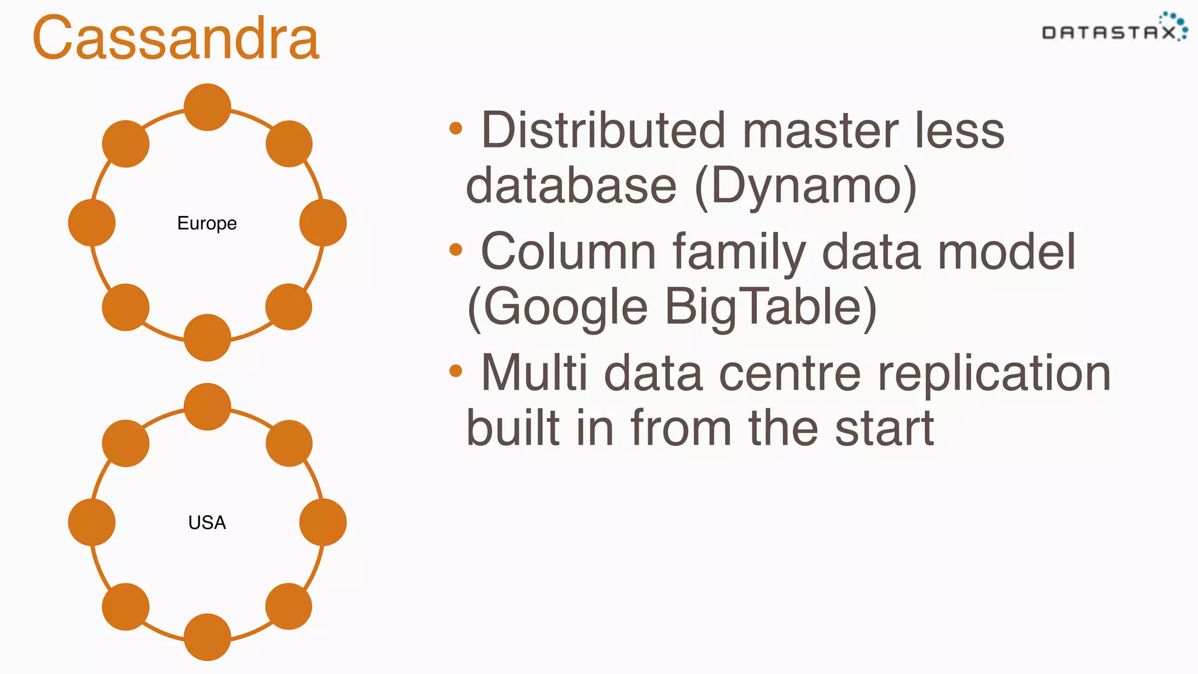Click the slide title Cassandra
tap(175, 38)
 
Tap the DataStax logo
tap(1114, 29)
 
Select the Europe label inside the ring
tap(207, 223)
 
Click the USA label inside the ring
tap(207, 522)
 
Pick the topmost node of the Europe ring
tap(207, 107)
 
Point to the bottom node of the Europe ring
tap(207, 338)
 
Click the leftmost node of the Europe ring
tap(92, 223)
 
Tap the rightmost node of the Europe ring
tap(323, 223)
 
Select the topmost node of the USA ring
tap(207, 407)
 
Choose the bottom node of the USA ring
tap(207, 637)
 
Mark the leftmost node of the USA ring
tap(92, 522)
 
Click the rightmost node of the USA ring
tap(323, 522)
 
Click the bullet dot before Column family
tap(456, 250)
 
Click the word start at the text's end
tap(884, 428)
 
